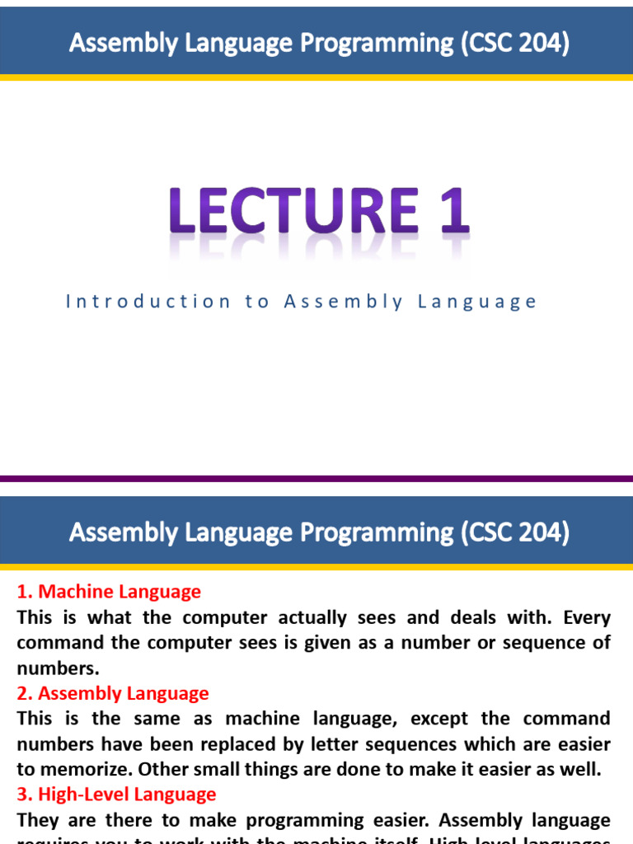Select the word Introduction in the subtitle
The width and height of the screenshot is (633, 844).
tap(148, 302)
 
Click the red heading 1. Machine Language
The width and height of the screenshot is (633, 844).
tap(109, 592)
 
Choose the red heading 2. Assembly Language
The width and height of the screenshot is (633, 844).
tap(113, 693)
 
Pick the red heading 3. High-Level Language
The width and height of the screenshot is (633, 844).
tap(116, 795)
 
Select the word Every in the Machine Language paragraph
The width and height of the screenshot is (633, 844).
tap(584, 617)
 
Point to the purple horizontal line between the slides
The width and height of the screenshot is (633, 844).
tap(316, 478)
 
